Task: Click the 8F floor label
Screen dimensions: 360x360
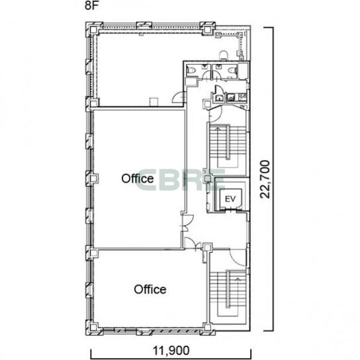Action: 91,5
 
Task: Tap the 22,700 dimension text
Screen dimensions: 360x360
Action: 265,179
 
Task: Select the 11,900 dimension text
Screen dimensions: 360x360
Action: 171,350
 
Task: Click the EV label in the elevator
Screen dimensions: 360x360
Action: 230,199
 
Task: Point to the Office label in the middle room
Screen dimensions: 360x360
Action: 137,179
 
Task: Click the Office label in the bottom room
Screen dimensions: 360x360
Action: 150,289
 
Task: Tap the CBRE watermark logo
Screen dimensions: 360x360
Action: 179,180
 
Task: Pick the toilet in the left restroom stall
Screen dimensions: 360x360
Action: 191,70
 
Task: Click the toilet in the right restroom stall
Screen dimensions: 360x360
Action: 232,70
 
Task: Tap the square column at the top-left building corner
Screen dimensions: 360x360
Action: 93,30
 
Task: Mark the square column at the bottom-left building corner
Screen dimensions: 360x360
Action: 93,327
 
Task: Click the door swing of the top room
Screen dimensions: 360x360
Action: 178,97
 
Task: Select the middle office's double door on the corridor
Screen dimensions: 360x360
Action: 187,223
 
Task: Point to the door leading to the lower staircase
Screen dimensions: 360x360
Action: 237,257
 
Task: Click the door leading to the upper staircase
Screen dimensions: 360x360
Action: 215,114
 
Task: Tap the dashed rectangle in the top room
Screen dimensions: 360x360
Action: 154,102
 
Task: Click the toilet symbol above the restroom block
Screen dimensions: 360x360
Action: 224,55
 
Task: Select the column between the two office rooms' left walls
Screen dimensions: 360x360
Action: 93,253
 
